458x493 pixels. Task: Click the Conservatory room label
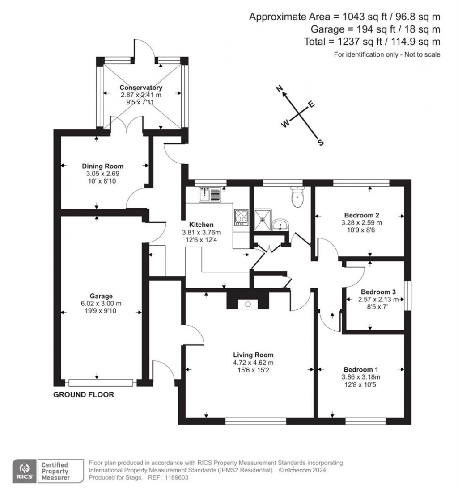141,88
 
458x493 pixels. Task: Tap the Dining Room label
103,166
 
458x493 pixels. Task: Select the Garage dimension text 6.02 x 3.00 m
101,303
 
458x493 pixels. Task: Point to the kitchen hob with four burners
241,217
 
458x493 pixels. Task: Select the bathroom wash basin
280,225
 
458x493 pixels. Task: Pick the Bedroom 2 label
361,215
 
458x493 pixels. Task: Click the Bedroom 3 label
378,292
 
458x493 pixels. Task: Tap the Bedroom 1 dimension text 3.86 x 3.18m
361,377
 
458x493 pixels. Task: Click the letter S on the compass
320,142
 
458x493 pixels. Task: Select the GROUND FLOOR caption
84,395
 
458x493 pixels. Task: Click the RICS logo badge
24,471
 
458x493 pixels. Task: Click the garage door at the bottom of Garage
101,383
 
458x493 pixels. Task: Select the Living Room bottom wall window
256,421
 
